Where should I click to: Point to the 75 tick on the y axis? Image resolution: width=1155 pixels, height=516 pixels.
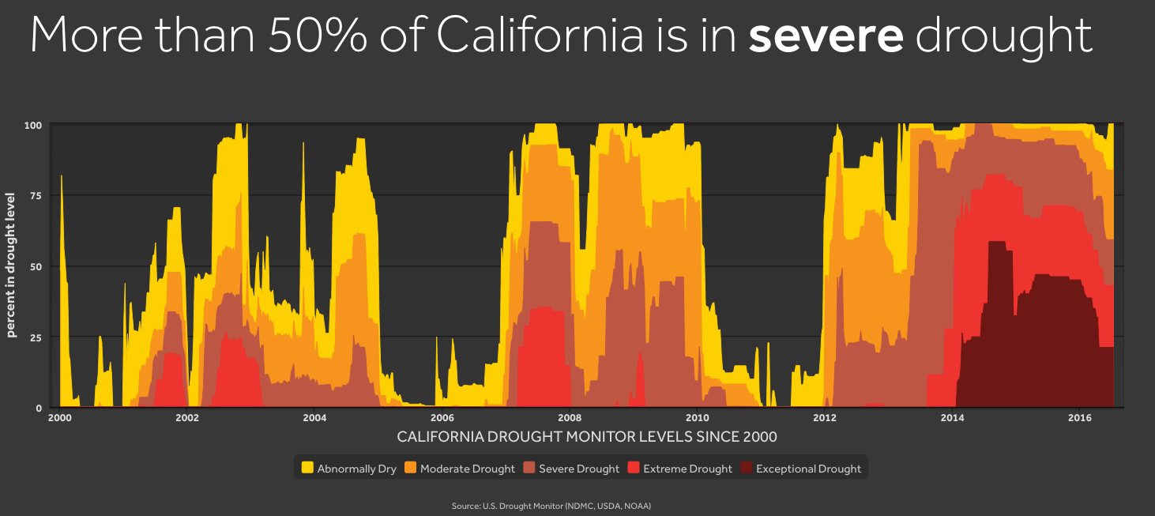point(36,195)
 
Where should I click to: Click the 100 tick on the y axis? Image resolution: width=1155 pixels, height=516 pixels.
point(33,125)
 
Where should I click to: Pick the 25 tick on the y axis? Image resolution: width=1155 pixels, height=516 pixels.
point(36,337)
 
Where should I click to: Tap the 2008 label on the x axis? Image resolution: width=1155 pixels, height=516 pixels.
point(570,418)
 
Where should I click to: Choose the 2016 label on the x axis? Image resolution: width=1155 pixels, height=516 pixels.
point(1080,418)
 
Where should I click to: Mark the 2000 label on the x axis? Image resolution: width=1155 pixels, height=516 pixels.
point(59,418)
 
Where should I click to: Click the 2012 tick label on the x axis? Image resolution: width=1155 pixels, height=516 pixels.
point(825,418)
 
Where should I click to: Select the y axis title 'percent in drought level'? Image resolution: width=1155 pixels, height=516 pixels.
point(12,266)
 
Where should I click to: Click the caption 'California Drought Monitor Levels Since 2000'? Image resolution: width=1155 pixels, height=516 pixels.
point(586,437)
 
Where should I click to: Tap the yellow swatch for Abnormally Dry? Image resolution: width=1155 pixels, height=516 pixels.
point(307,468)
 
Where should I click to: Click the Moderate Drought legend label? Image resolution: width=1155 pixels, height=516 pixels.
point(467,469)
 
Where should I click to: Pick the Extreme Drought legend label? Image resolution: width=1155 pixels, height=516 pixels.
point(687,469)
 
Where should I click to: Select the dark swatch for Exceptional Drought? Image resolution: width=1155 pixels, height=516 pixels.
point(746,468)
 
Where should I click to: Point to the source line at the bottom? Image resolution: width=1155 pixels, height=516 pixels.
point(551,505)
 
